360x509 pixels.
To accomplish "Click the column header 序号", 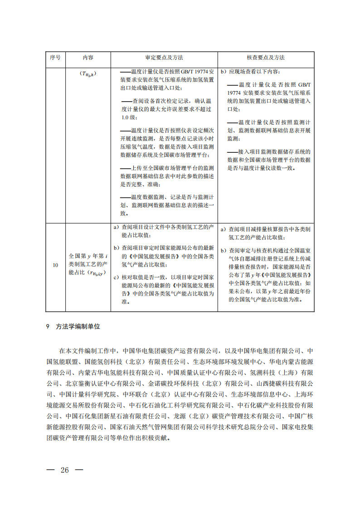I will [x=55, y=58].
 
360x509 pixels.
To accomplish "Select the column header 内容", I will [x=88, y=58].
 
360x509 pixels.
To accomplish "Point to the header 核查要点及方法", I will [x=266, y=58].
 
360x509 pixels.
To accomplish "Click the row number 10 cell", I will [x=55, y=265].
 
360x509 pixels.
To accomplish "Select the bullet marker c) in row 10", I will [x=116, y=276].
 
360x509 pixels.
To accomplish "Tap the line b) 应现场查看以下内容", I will [x=250, y=72].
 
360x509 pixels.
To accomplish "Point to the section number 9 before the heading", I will [x=48, y=326].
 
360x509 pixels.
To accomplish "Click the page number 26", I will [x=65, y=470].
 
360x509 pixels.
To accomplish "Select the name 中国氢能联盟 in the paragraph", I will [x=61, y=361].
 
